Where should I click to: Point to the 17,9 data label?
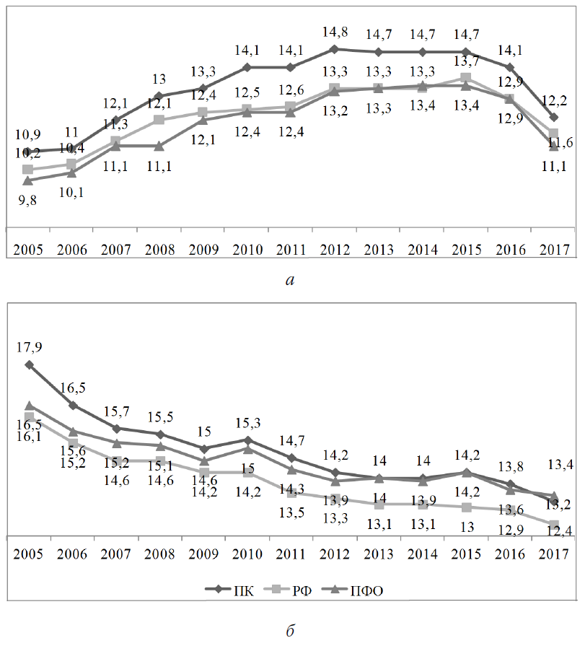tap(29, 347)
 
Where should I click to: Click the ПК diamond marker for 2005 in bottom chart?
tap(29, 364)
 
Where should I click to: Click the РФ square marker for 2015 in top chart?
tap(466, 78)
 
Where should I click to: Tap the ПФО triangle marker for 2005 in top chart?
tap(28, 180)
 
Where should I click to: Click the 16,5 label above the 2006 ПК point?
tap(72, 388)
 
